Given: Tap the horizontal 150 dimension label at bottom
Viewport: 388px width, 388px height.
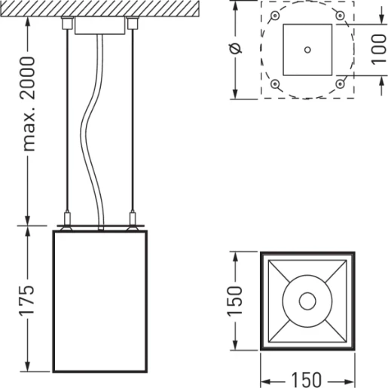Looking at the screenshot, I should point(307,378).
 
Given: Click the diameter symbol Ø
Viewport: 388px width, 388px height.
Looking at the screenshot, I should point(237,49).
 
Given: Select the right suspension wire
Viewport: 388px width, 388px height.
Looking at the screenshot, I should point(133,121).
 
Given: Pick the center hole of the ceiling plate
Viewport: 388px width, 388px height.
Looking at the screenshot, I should point(307,50).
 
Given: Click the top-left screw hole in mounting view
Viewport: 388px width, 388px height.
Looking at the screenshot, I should point(275,16).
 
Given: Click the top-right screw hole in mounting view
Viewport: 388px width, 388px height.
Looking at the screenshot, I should point(340,16).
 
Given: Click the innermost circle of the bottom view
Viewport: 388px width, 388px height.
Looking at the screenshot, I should point(307,301).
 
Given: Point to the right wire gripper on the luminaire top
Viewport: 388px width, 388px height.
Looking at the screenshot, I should point(133,221).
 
